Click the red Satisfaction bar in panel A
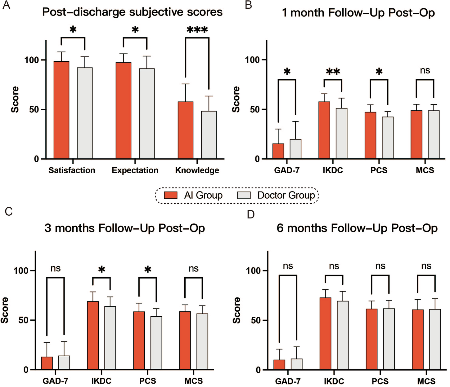(61, 110)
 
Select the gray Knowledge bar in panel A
(209, 135)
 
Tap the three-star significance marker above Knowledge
(197, 30)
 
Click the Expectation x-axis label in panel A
(135, 170)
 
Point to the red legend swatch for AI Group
(170, 195)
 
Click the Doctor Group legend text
(286, 195)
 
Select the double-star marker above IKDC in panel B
(333, 72)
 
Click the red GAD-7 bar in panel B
(278, 151)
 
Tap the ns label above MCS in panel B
(425, 71)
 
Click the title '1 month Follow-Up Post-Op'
(358, 13)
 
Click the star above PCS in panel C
(148, 270)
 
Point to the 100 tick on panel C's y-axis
(21, 270)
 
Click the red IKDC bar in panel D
(326, 333)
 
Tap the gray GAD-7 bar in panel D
(297, 364)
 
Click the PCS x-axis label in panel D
(380, 381)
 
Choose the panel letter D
(251, 214)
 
